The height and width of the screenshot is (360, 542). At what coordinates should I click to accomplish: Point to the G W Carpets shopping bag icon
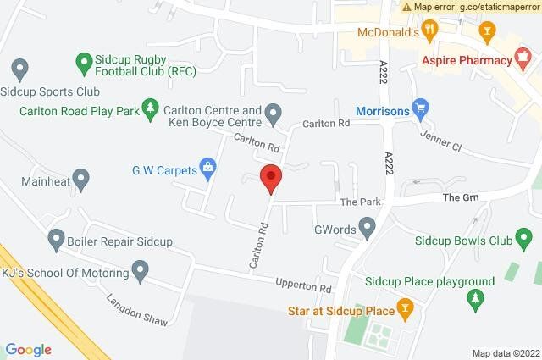pos(207,169)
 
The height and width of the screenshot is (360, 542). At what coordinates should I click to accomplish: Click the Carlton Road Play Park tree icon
pos(151,108)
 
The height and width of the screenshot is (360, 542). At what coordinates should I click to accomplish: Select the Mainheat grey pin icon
pos(81,179)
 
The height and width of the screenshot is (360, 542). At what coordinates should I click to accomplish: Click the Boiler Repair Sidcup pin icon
pos(57,240)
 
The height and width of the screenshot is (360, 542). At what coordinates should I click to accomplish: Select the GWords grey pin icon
pos(368,228)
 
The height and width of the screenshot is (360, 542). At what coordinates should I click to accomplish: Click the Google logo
pos(29,349)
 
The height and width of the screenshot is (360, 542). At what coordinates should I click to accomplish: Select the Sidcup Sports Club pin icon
pos(20,68)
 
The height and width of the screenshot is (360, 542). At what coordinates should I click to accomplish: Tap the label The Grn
pos(462,197)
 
